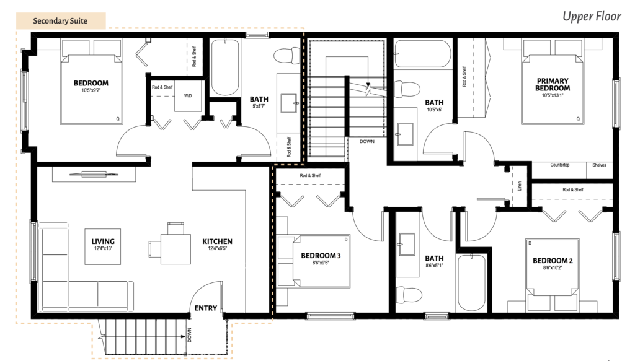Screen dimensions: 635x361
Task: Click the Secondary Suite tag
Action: click(x=61, y=20)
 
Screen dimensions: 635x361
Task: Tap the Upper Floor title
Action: click(x=592, y=16)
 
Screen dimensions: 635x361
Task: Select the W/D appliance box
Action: click(x=188, y=96)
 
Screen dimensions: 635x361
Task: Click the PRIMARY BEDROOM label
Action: click(x=553, y=84)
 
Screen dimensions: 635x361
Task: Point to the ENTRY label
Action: click(x=206, y=308)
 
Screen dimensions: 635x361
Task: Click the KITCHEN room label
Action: click(x=218, y=241)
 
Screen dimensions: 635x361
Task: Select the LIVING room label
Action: click(x=103, y=241)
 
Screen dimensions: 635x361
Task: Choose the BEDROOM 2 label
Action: click(x=553, y=261)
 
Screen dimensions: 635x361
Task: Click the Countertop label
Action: click(x=560, y=165)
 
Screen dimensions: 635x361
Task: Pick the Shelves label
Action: click(x=599, y=165)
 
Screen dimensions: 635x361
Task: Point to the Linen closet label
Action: click(x=520, y=186)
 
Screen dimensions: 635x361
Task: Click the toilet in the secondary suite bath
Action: click(x=286, y=56)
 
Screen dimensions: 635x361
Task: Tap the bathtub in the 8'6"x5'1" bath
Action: click(x=471, y=282)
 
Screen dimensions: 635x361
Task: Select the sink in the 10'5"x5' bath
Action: click(x=405, y=134)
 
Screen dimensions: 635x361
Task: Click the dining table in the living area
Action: click(x=175, y=249)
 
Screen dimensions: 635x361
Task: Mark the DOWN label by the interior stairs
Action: click(x=367, y=141)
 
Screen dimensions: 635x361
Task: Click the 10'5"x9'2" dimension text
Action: click(x=91, y=90)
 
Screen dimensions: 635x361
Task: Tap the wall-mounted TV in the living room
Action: click(x=94, y=175)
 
